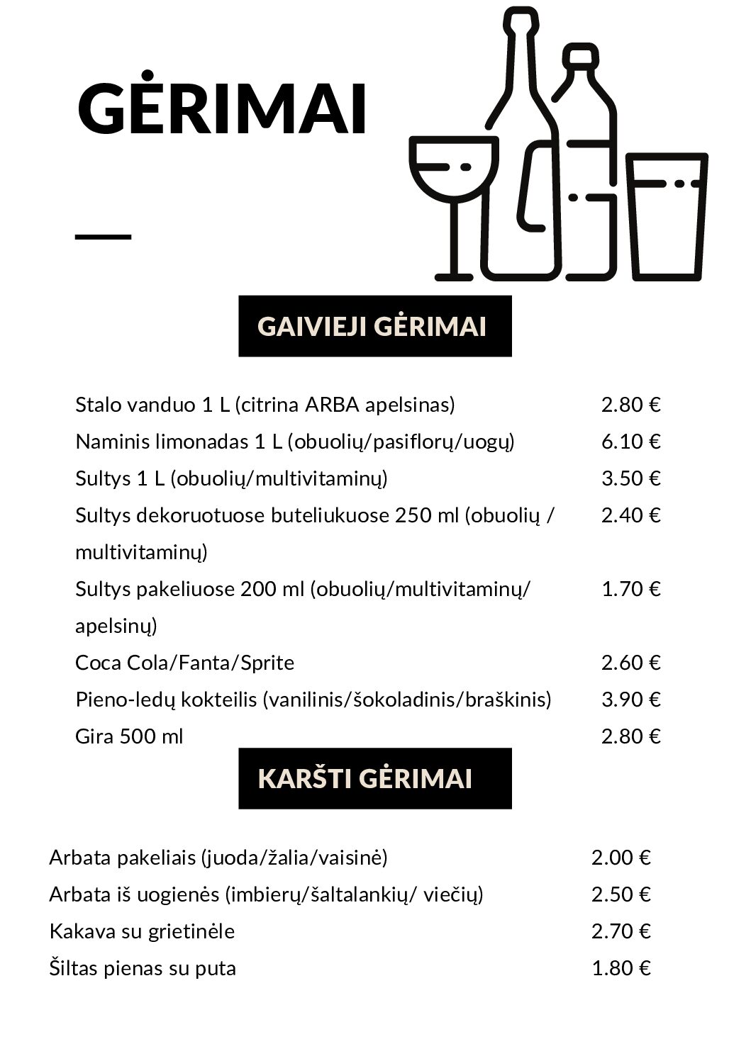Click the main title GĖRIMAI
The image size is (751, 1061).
click(x=221, y=109)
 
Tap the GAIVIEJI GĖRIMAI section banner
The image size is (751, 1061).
click(x=374, y=326)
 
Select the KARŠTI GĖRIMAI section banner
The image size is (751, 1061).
click(x=374, y=778)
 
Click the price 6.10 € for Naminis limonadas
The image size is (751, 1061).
click(x=630, y=442)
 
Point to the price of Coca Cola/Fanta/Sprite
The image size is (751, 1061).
click(x=630, y=663)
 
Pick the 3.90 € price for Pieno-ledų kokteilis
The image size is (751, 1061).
click(x=630, y=700)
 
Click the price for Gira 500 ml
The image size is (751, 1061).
click(x=630, y=736)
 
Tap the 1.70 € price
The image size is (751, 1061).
click(x=630, y=589)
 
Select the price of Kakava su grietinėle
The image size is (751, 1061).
click(x=621, y=931)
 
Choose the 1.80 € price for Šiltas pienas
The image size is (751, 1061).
click(x=621, y=968)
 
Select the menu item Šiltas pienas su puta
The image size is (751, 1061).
click(x=143, y=968)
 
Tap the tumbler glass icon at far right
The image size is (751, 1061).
click(x=667, y=216)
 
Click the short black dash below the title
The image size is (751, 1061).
click(x=103, y=237)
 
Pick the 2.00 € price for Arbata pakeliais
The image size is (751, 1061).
click(x=621, y=858)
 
